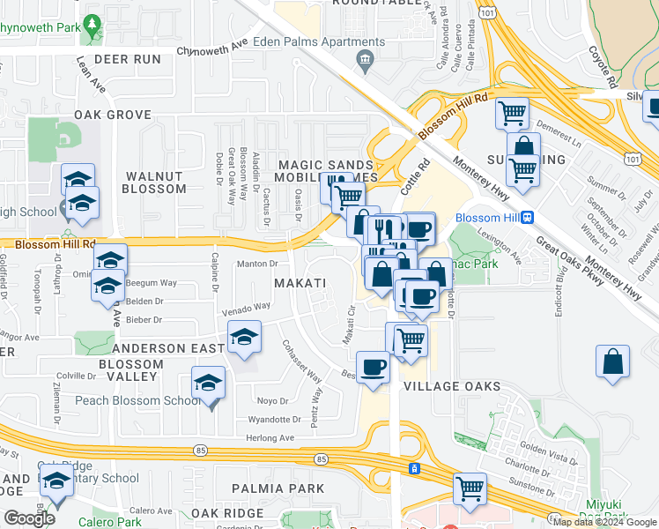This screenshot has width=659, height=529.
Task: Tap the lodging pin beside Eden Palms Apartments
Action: click(363, 59)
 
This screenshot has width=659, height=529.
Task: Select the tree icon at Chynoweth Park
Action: click(91, 23)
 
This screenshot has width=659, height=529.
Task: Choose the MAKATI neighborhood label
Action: click(300, 283)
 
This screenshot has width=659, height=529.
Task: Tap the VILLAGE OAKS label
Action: click(452, 386)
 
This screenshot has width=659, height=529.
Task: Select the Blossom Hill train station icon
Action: click(527, 218)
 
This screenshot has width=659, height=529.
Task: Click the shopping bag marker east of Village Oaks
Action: click(612, 362)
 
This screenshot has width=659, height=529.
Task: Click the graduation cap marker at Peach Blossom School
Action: click(209, 383)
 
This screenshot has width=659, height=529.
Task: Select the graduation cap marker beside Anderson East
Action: click(245, 337)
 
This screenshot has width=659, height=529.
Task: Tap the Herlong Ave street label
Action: click(270, 437)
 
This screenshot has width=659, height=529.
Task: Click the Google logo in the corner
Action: click(29, 518)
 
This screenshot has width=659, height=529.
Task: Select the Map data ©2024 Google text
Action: click(603, 522)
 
